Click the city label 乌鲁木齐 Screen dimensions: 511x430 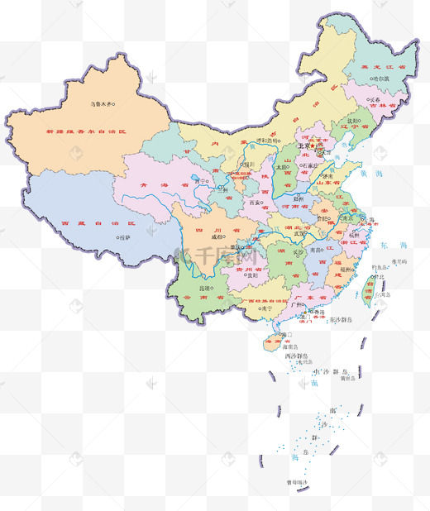pos(101,104)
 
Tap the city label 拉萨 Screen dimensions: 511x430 pos(124,237)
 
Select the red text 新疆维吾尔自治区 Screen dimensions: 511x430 pos(87,131)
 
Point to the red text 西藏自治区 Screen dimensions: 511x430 pos(87,223)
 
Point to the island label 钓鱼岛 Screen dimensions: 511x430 pos(380,267)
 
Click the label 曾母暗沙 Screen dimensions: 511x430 pos(296,481)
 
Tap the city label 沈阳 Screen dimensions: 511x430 pos(353,121)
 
